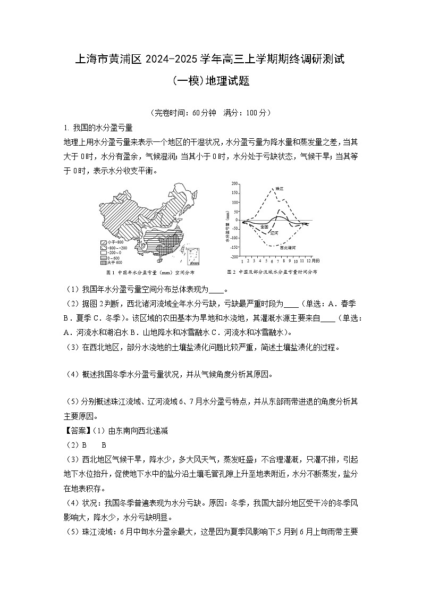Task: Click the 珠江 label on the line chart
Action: (280, 189)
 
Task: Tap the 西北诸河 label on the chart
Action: (289, 248)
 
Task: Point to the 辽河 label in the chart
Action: (274, 233)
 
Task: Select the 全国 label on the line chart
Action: (264, 227)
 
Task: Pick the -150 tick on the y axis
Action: (235, 247)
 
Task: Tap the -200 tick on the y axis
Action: (235, 256)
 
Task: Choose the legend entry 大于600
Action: (113, 262)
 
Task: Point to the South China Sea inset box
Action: (196, 256)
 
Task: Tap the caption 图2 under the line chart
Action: (231, 272)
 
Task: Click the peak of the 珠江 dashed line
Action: (272, 189)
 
